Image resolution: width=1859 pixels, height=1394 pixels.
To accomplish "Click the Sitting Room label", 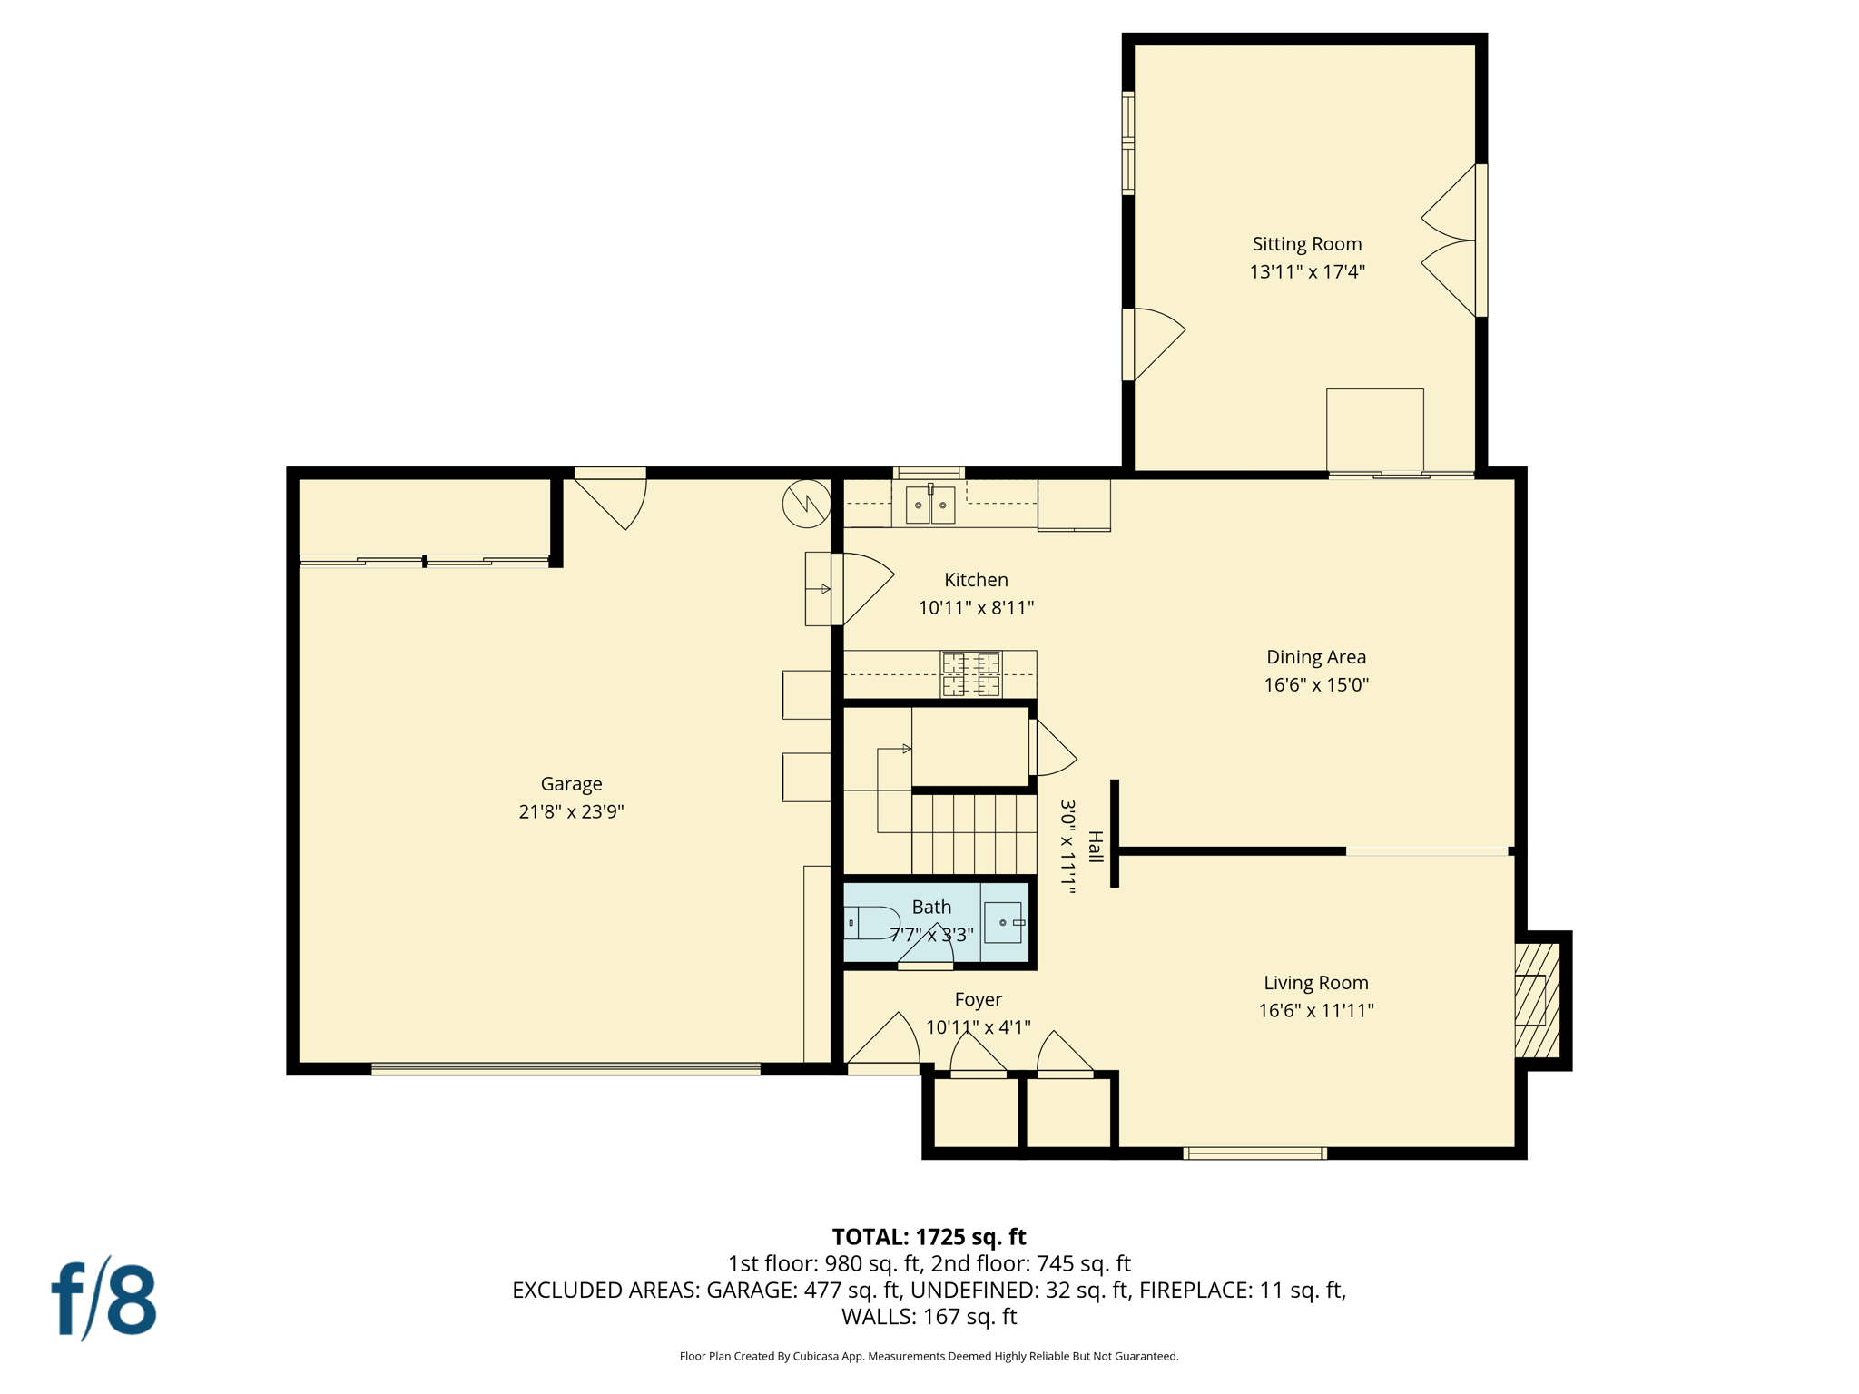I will [x=1306, y=243].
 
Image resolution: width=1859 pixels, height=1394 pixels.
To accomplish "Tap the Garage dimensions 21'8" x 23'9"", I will [x=571, y=811].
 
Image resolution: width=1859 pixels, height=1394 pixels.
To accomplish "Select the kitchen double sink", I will [x=930, y=505].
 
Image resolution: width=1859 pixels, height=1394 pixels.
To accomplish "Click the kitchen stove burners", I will [x=970, y=673].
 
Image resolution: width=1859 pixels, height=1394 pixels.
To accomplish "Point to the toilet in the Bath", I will [x=872, y=922].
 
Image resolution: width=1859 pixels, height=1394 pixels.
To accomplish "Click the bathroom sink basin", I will [x=1003, y=922].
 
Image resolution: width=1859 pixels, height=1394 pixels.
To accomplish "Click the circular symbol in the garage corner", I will [x=806, y=504].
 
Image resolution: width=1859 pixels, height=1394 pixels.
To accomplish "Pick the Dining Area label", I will [x=1315, y=657].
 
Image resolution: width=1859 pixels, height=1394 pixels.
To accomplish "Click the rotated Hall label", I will [x=1096, y=846].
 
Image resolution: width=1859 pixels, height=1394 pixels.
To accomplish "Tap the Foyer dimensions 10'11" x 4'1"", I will [x=978, y=1027].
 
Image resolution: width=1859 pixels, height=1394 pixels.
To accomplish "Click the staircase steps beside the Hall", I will [x=973, y=833].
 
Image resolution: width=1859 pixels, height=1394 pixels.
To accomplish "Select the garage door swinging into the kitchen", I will [x=862, y=587].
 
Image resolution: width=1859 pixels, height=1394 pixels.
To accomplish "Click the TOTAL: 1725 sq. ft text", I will [x=929, y=1237].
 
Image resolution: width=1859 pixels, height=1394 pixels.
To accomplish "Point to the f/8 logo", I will [x=104, y=1299].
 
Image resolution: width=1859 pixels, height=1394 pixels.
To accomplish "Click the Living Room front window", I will [x=1254, y=1153].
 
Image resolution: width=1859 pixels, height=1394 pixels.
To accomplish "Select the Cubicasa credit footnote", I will [x=929, y=1356].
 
